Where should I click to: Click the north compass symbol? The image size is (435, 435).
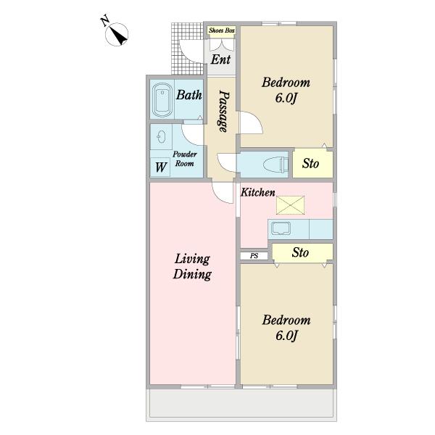point(117,34)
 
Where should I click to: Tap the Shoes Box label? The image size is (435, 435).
point(222,30)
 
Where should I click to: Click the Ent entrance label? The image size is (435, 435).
point(220,59)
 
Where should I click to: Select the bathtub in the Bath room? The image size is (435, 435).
point(162,100)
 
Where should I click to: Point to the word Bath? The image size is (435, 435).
point(189,95)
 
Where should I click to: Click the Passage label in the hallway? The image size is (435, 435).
point(224,111)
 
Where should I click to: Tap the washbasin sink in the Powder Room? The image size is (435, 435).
point(161,137)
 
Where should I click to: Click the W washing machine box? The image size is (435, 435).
point(160,167)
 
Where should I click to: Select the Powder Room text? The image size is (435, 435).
point(185,159)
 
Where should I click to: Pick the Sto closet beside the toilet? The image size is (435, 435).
point(313,164)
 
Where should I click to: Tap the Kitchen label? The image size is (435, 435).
point(258,192)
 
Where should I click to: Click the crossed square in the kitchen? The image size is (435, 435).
point(290,205)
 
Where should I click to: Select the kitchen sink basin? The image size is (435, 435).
point(281,228)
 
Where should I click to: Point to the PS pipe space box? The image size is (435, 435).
point(254,256)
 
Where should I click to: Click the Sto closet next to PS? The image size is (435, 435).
point(302,252)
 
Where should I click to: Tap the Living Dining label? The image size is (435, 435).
point(192,267)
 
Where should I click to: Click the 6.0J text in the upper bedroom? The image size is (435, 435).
point(286,98)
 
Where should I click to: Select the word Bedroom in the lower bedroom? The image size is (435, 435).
point(286,320)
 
